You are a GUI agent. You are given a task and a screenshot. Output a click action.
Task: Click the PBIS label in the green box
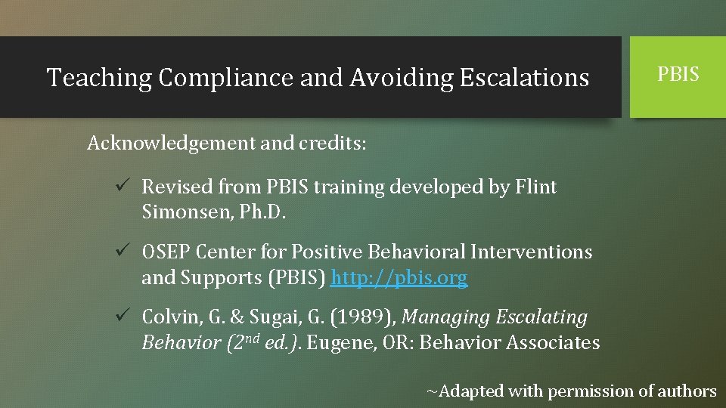(x=678, y=75)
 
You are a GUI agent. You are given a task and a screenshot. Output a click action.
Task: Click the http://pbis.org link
(x=399, y=278)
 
